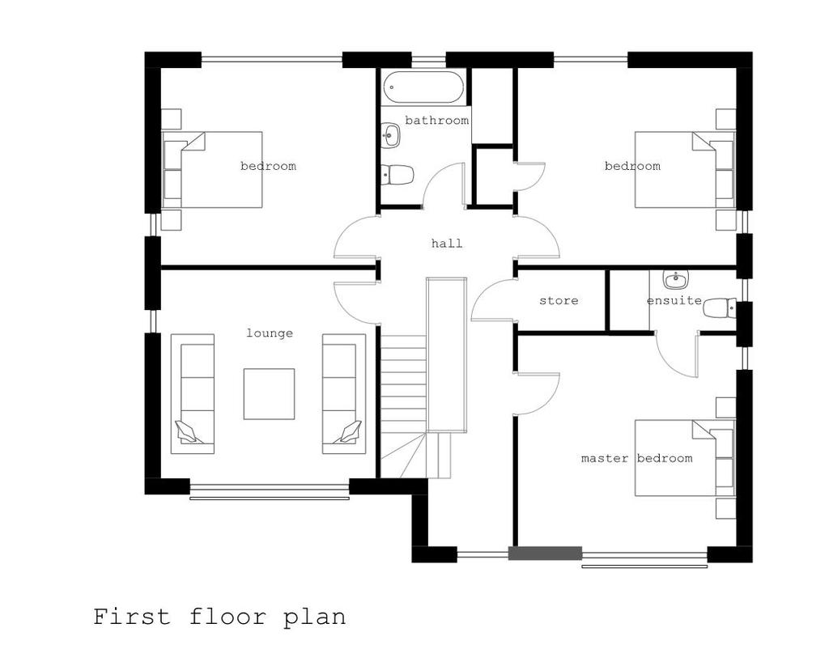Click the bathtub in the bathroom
423,87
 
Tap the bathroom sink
391,134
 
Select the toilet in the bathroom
397,175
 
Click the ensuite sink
675,280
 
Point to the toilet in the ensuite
719,308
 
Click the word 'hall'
447,243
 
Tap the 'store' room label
559,301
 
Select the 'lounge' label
270,333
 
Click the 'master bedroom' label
636,458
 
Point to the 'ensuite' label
674,301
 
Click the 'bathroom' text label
436,121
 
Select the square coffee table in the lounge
269,394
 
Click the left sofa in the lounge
193,394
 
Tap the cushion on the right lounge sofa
348,431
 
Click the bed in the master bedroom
685,458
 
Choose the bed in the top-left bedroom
212,170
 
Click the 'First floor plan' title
219,617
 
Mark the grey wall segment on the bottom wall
545,554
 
